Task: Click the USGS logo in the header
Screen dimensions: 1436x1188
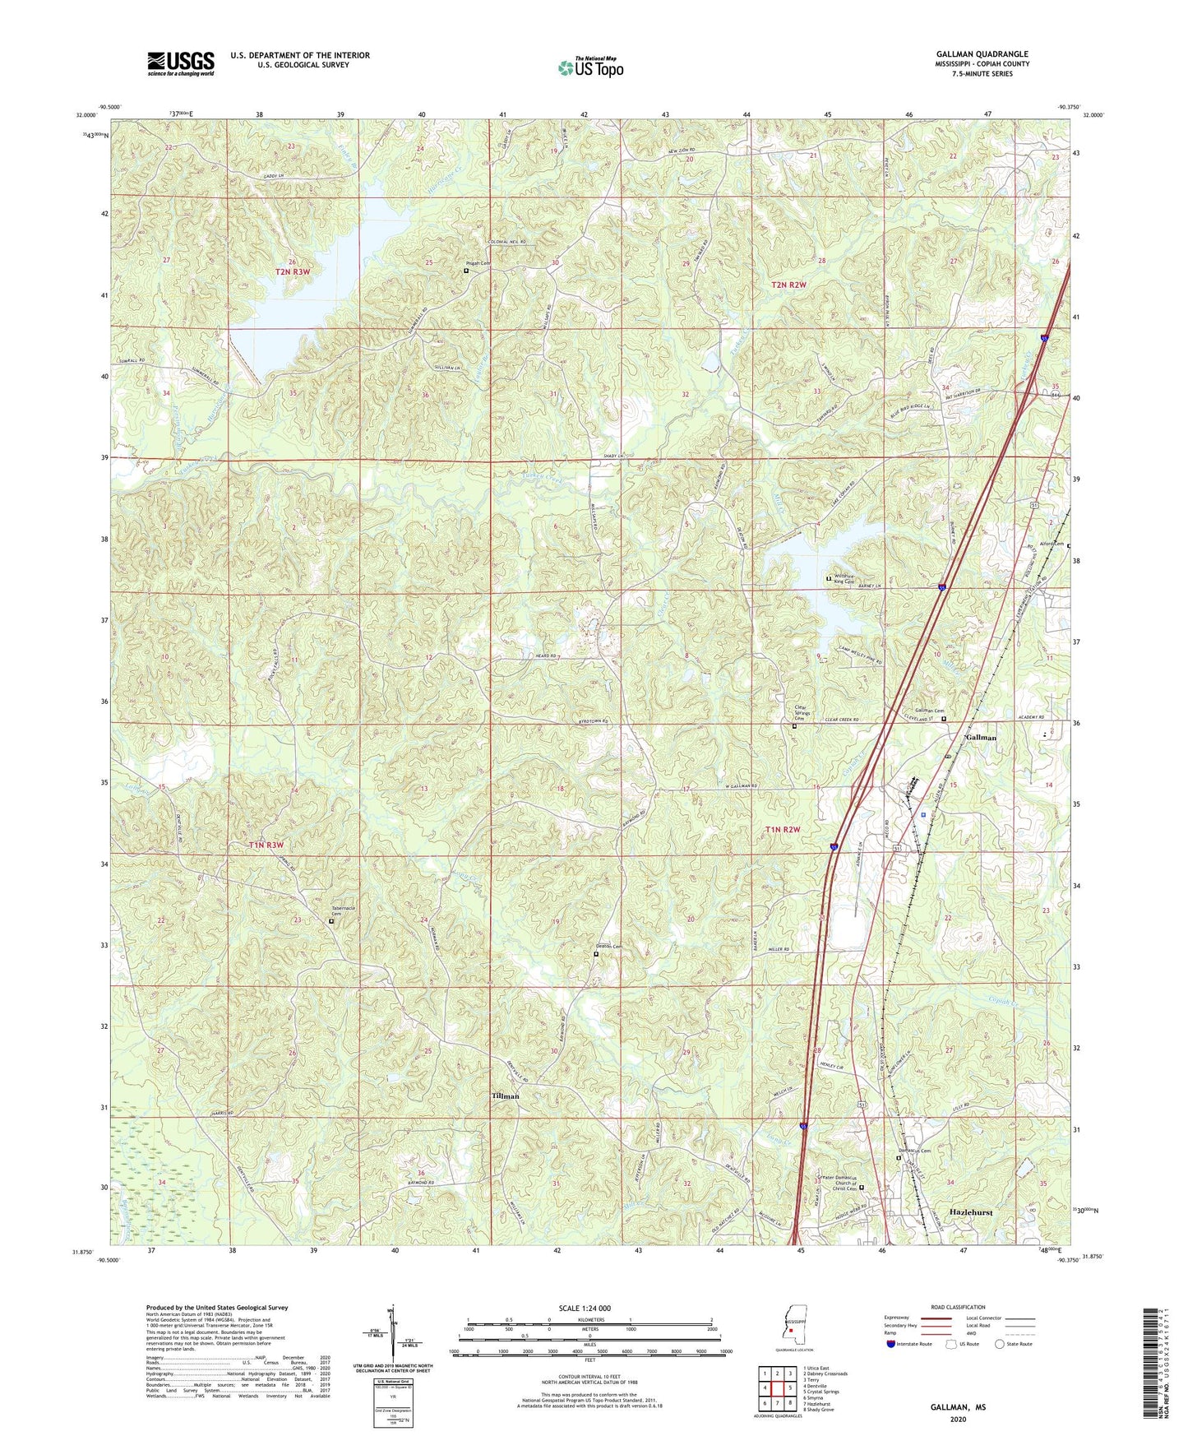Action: point(181,63)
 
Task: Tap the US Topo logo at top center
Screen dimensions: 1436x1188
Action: point(589,67)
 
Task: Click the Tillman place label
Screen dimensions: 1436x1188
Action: point(505,1096)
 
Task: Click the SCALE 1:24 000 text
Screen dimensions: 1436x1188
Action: point(585,1308)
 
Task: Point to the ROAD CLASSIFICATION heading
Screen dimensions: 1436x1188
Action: point(957,1307)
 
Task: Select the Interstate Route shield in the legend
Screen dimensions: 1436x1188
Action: point(891,1343)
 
